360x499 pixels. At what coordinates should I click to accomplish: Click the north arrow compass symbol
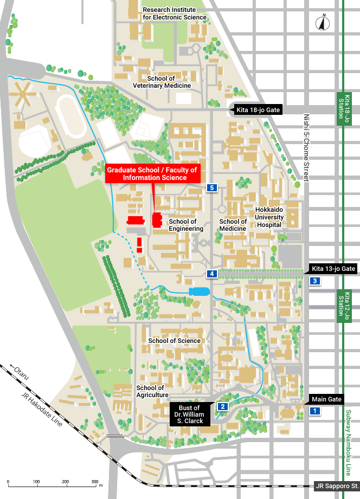tap(324, 23)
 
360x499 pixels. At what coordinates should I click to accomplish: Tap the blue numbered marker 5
tap(212, 187)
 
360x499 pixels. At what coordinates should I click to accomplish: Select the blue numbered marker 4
tap(212, 274)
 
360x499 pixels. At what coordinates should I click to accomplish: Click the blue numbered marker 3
tap(314, 281)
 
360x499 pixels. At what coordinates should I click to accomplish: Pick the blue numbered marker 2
tap(222, 406)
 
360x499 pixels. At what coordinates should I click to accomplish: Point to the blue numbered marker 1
tap(313, 411)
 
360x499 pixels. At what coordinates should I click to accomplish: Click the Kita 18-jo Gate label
tap(258, 110)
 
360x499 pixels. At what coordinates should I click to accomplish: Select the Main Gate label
tap(327, 399)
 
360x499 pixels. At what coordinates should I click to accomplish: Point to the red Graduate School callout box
tap(153, 173)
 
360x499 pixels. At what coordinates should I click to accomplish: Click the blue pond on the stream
tap(198, 291)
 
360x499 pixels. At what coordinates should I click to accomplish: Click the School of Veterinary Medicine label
tap(162, 82)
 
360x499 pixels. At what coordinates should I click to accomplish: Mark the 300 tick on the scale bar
tap(94, 481)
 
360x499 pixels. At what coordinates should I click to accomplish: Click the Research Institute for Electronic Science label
tap(175, 14)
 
